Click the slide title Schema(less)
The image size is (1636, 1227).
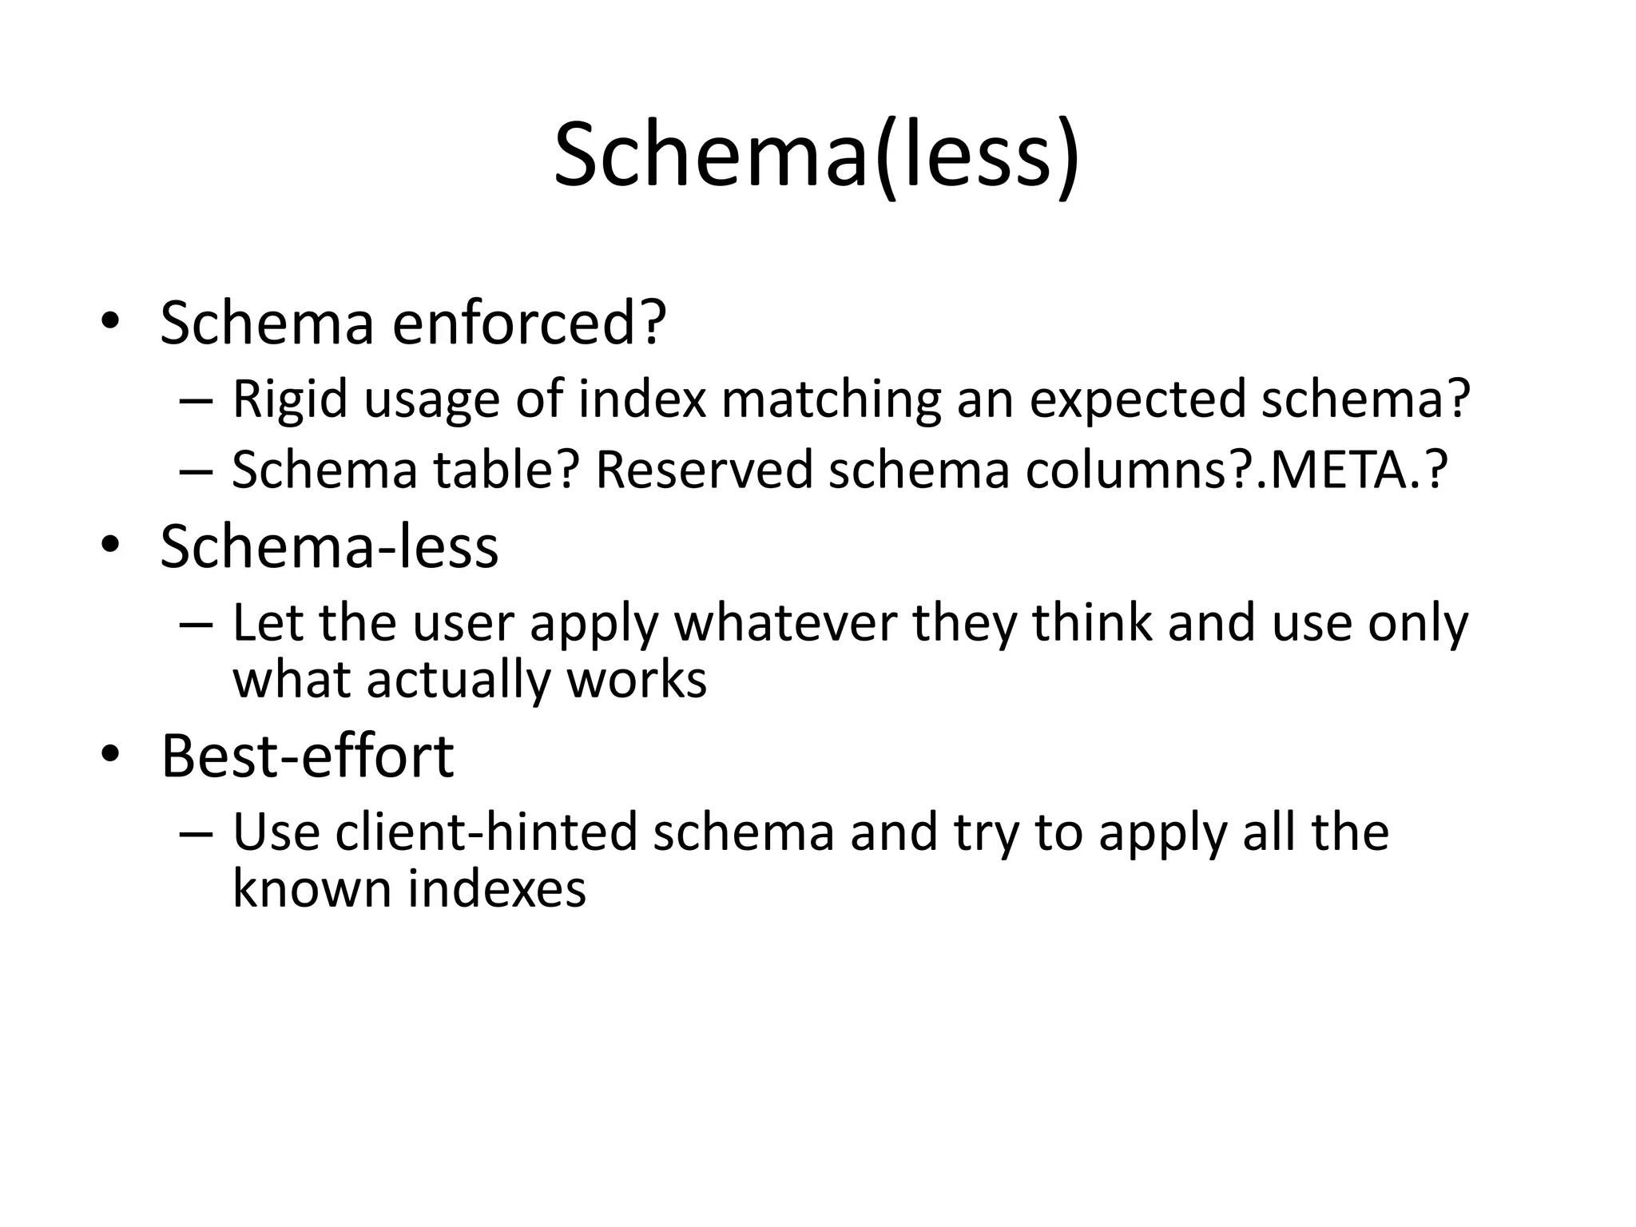tap(816, 156)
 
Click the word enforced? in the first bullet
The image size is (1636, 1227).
tap(529, 324)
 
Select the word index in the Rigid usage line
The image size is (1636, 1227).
tap(642, 399)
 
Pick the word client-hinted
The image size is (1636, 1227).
tap(486, 832)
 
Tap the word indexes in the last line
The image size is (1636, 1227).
tap(497, 888)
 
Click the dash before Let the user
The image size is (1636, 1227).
tap(197, 624)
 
